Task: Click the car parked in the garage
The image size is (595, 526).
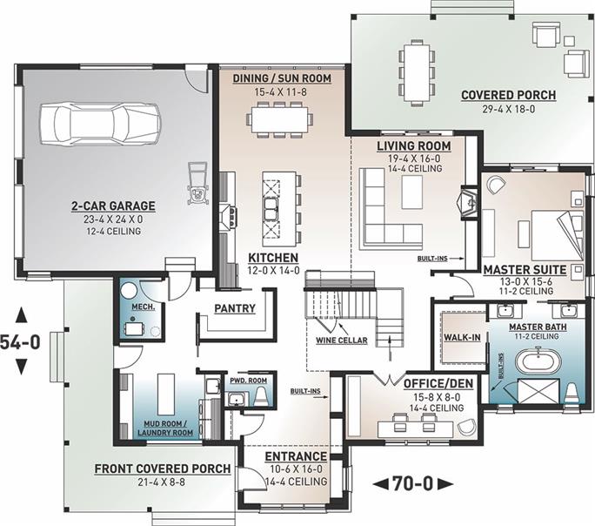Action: click(x=101, y=123)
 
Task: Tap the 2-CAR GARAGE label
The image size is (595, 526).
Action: click(x=113, y=206)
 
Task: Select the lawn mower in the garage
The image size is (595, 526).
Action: click(x=198, y=182)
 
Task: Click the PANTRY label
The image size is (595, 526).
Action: click(x=235, y=308)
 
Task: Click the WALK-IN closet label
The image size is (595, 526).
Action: click(x=462, y=337)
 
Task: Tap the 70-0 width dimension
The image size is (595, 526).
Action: click(x=412, y=483)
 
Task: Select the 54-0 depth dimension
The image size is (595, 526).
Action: click(x=20, y=341)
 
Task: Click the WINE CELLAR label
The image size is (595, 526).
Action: click(x=342, y=341)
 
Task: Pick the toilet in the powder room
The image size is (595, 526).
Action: click(x=262, y=396)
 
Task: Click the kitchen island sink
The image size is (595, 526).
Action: click(x=271, y=208)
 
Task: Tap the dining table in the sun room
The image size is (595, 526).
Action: click(x=280, y=118)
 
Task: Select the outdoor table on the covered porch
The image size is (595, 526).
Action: click(x=417, y=73)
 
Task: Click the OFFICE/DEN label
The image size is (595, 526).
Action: click(x=438, y=383)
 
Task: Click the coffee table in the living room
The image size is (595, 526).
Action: click(x=412, y=192)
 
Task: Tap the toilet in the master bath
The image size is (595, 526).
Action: click(x=572, y=393)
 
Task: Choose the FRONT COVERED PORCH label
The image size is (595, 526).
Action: click(x=163, y=469)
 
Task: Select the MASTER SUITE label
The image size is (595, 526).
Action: click(x=525, y=270)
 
